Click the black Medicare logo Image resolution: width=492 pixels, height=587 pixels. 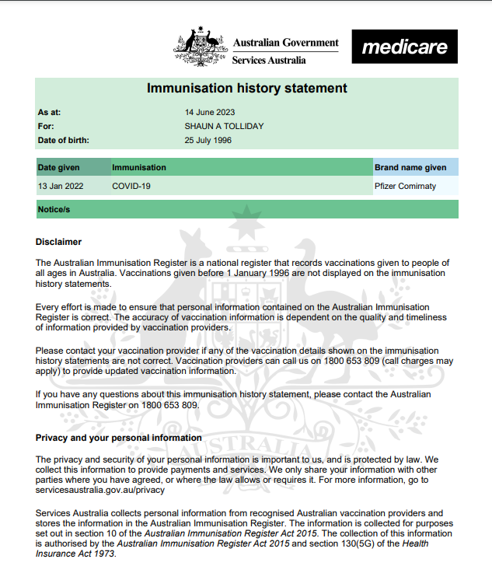click(404, 47)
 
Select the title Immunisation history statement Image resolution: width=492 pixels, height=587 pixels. click(247, 88)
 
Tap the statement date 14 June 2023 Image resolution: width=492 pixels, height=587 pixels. click(209, 112)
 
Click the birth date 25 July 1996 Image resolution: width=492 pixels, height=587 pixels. click(208, 141)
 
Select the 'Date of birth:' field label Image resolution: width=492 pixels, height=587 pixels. click(63, 141)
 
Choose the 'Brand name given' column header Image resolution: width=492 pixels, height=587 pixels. click(410, 167)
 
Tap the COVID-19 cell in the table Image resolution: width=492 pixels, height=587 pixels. click(131, 187)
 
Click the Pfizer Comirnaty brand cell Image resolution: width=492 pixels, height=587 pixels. click(405, 187)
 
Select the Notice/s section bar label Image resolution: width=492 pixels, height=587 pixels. click(54, 210)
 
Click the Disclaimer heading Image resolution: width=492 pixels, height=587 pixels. click(58, 243)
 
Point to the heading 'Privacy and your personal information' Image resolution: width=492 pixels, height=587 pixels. click(118, 438)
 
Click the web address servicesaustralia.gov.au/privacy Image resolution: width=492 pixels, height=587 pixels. click(100, 490)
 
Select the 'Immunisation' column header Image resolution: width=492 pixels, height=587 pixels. click(138, 167)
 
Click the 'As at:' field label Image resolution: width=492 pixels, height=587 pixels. click(49, 112)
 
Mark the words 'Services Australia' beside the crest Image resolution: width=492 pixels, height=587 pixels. click(269, 60)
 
